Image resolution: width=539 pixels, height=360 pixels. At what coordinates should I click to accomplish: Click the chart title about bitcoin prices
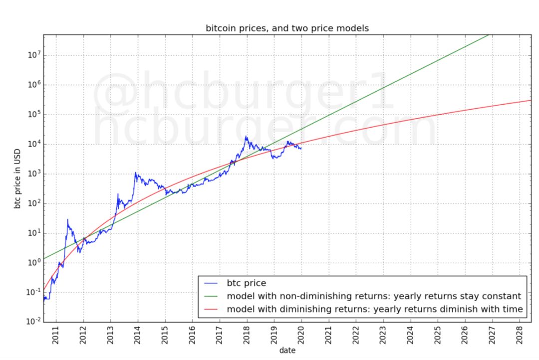click(287, 28)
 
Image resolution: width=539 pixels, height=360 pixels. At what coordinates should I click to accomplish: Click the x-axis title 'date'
click(287, 350)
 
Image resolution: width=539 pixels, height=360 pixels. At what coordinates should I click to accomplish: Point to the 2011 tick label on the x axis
click(56, 334)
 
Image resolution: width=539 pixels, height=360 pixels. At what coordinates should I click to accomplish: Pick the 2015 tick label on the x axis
click(165, 334)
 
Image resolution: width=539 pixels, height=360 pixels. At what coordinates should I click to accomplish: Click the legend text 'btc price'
click(246, 284)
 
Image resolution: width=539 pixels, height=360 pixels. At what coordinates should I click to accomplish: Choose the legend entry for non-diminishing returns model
click(374, 296)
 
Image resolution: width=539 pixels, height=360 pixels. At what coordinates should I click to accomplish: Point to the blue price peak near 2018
click(246, 136)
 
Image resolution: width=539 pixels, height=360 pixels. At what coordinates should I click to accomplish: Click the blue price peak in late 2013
click(135, 173)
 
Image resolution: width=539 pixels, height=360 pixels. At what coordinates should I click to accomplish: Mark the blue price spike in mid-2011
click(67, 219)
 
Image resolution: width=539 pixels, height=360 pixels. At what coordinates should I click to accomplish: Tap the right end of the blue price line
click(301, 148)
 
